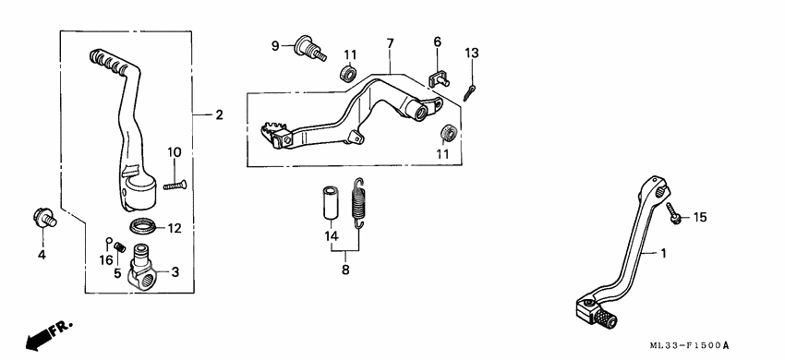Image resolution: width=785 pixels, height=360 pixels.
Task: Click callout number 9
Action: [x=275, y=45]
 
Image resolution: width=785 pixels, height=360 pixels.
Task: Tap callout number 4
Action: [x=41, y=254]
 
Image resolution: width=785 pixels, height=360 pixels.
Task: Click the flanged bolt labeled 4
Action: [x=42, y=218]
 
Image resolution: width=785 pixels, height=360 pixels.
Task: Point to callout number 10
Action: [x=175, y=150]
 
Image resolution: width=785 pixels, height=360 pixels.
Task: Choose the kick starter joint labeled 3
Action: [x=144, y=270]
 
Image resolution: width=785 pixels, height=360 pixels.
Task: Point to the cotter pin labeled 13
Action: [x=471, y=91]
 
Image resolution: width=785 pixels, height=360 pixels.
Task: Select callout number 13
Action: [x=472, y=54]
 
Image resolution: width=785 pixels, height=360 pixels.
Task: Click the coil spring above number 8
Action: [x=362, y=200]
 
